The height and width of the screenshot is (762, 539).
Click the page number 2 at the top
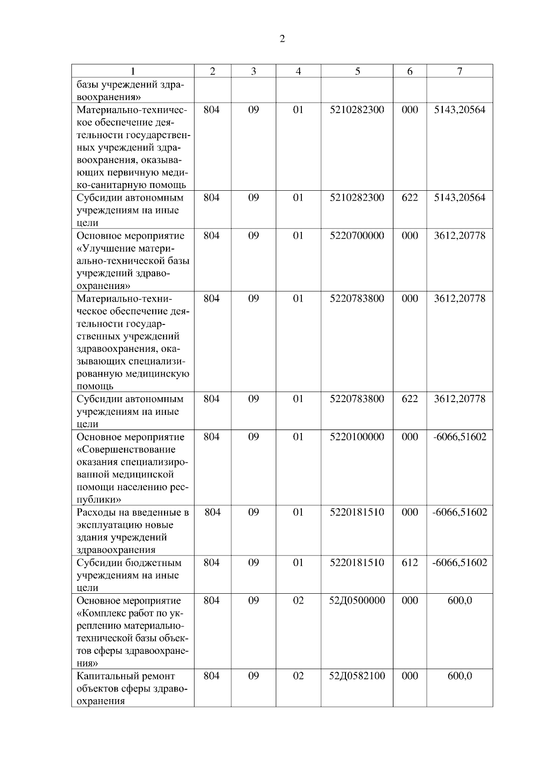click(x=282, y=39)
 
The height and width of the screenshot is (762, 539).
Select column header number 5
click(x=357, y=71)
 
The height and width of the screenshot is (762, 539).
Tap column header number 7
click(x=459, y=71)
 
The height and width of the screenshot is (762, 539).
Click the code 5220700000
click(x=357, y=236)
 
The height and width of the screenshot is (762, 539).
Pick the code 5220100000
click(x=357, y=437)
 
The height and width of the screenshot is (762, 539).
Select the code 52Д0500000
click(x=357, y=600)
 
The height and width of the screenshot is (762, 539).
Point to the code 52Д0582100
click(x=357, y=676)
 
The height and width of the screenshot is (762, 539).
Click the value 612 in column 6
click(x=410, y=563)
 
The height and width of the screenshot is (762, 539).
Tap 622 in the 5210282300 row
click(x=410, y=198)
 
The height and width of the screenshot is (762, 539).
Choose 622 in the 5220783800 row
click(x=410, y=399)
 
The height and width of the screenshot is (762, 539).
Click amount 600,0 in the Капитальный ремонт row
click(x=459, y=676)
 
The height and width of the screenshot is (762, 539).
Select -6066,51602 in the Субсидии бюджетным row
click(x=459, y=563)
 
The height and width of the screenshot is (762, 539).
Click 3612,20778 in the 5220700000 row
click(x=459, y=236)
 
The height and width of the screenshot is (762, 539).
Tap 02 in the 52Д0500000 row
click(x=298, y=600)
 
